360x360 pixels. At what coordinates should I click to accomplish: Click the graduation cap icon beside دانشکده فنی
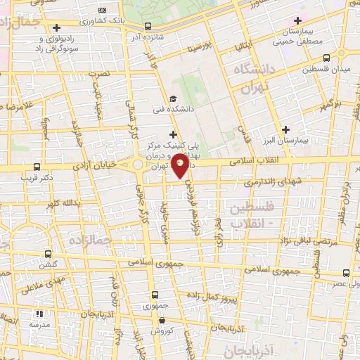pyautogui.click(x=173, y=98)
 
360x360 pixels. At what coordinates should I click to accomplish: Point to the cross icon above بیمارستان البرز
pyautogui.click(x=285, y=129)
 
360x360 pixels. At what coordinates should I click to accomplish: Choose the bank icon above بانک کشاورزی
pyautogui.click(x=103, y=10)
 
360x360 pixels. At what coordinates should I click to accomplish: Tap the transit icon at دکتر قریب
pyautogui.click(x=37, y=167)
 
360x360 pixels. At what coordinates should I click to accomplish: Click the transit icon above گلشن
pyautogui.click(x=48, y=254)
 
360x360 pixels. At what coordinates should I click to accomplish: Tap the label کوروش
pyautogui.click(x=161, y=330)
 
